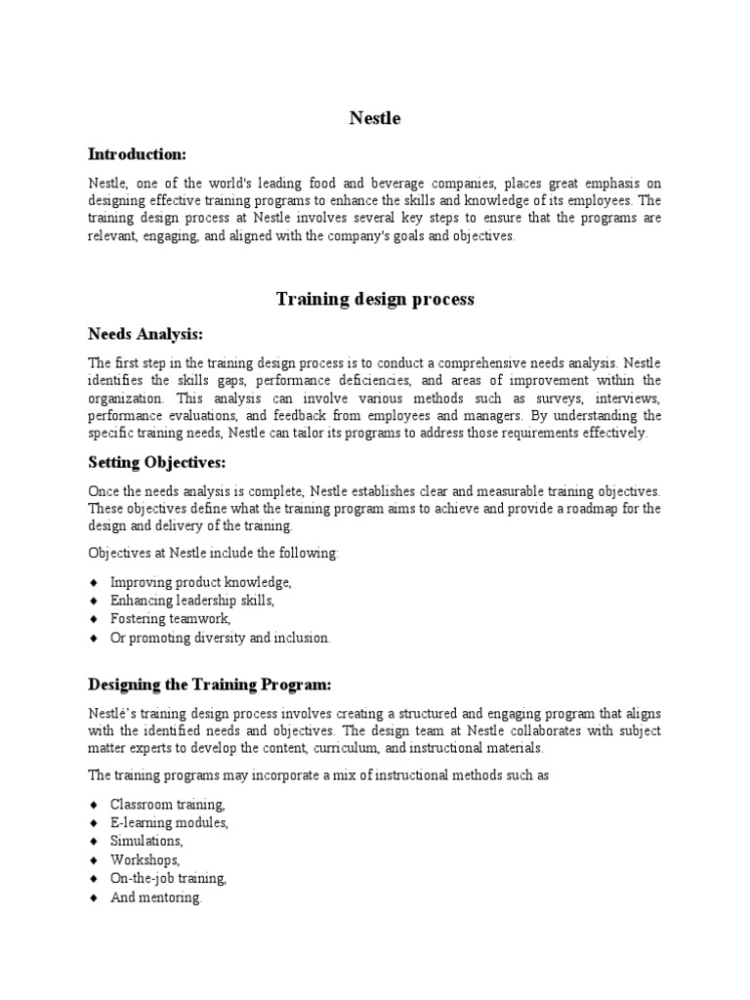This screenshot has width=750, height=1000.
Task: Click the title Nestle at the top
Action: pyautogui.click(x=375, y=119)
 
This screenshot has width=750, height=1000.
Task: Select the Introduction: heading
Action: pyautogui.click(x=137, y=154)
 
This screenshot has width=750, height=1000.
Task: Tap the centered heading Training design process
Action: pyautogui.click(x=375, y=299)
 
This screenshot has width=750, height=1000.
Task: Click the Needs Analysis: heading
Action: pyautogui.click(x=146, y=335)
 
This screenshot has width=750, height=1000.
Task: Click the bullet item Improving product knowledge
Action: pyautogui.click(x=201, y=582)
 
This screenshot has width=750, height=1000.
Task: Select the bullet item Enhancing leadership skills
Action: pyautogui.click(x=192, y=601)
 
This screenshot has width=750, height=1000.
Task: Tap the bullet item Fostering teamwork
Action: pyautogui.click(x=171, y=619)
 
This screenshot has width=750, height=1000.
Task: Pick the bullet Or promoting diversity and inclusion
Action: pyautogui.click(x=221, y=638)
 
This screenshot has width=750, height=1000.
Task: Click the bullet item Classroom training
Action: pyautogui.click(x=168, y=805)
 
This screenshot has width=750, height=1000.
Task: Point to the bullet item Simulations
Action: pyautogui.click(x=146, y=841)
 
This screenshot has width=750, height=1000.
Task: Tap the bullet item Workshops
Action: pyautogui.click(x=146, y=859)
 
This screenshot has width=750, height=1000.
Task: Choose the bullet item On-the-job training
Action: pyautogui.click(x=169, y=878)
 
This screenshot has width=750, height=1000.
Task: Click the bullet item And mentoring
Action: pyautogui.click(x=156, y=896)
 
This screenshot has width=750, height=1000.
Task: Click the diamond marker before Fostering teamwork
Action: pyautogui.click(x=94, y=619)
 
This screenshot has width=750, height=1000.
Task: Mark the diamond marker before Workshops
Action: pyautogui.click(x=94, y=859)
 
